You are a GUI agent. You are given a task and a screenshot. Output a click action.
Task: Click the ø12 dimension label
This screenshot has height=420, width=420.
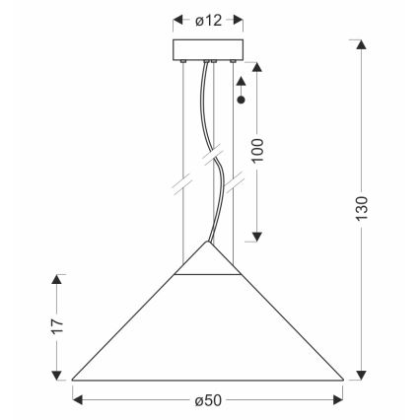[x=208, y=18]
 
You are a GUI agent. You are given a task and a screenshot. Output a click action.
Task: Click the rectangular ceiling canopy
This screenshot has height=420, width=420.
[x=208, y=50]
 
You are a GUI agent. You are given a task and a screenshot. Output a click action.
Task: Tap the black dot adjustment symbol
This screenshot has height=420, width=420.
[x=242, y=100]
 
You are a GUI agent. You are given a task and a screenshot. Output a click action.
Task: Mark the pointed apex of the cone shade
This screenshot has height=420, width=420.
[x=208, y=241]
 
